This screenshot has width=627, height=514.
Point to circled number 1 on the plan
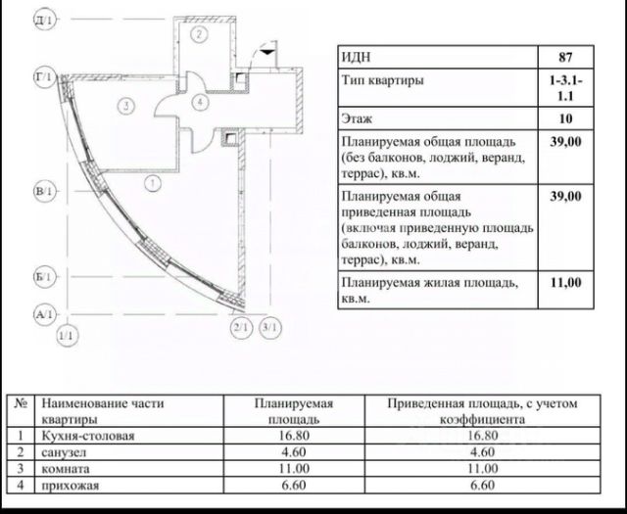(151, 181)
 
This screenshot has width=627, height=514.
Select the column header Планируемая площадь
(294, 410)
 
